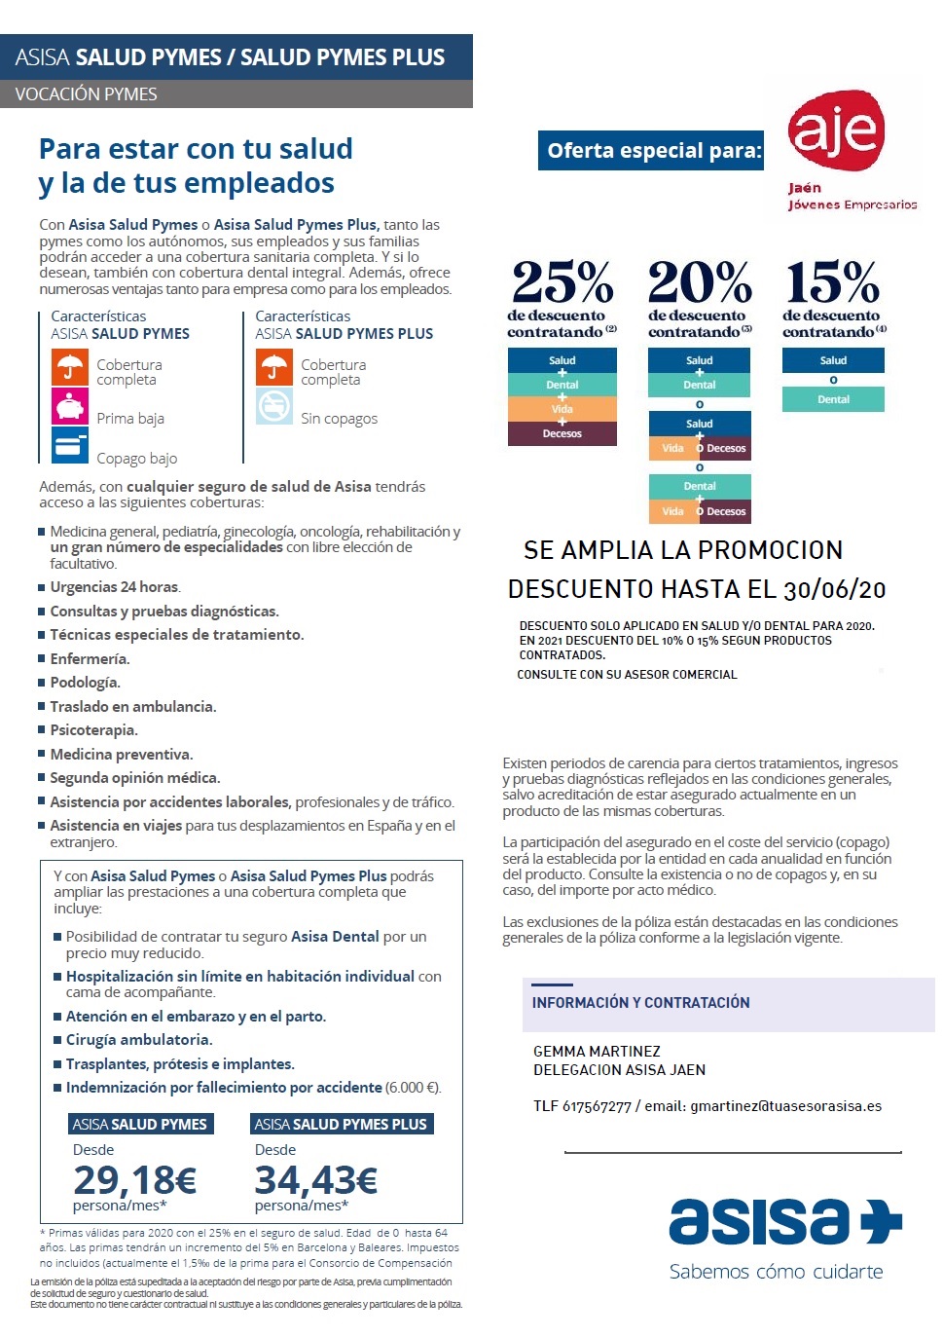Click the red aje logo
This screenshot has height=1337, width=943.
coord(836,130)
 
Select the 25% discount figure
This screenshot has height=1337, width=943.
coord(562,282)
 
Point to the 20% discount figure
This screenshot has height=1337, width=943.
coord(700,282)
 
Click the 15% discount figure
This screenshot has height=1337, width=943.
coord(833,282)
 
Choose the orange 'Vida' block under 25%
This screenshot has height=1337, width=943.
coord(562,409)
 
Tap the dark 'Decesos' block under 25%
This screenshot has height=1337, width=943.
coord(562,433)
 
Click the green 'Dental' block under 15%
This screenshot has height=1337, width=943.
coord(833,399)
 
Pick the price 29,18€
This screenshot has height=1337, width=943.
coord(135,1180)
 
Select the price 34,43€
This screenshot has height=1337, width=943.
coord(316,1180)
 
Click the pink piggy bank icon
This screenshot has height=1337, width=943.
coord(70,406)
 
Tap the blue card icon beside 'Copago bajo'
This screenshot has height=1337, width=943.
coord(70,446)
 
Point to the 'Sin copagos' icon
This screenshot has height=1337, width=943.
coord(274,406)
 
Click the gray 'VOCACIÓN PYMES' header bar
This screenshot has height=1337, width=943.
coord(236,94)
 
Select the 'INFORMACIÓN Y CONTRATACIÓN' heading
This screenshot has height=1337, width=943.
coord(640,1003)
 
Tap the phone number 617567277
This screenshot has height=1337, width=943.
coord(597,1106)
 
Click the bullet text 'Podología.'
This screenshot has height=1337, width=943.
coord(86,683)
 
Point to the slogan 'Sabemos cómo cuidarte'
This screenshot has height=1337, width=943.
coord(776,1272)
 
